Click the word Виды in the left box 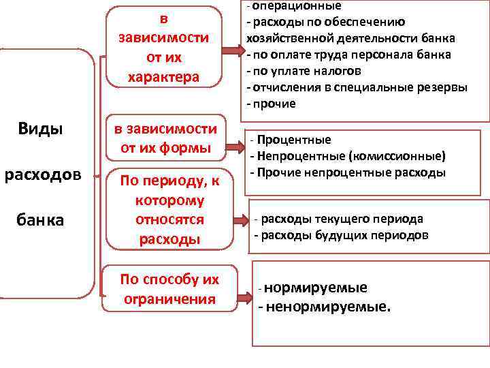[42, 129]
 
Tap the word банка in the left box [42, 220]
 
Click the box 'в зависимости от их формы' [164, 138]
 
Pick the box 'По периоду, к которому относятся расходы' [163, 210]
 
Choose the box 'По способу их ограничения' [169, 289]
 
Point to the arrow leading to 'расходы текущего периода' [241, 219]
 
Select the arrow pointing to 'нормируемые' [243, 298]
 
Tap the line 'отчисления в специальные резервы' [359, 87]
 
